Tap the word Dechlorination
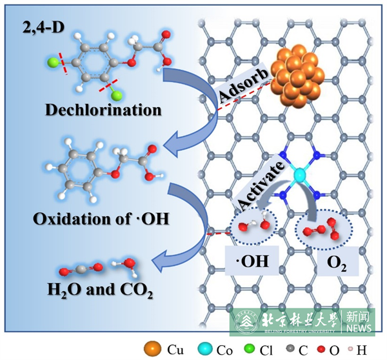click(104, 110)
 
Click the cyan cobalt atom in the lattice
click(299, 175)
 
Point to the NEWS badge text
click(358, 329)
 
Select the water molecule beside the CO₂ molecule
click(127, 264)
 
